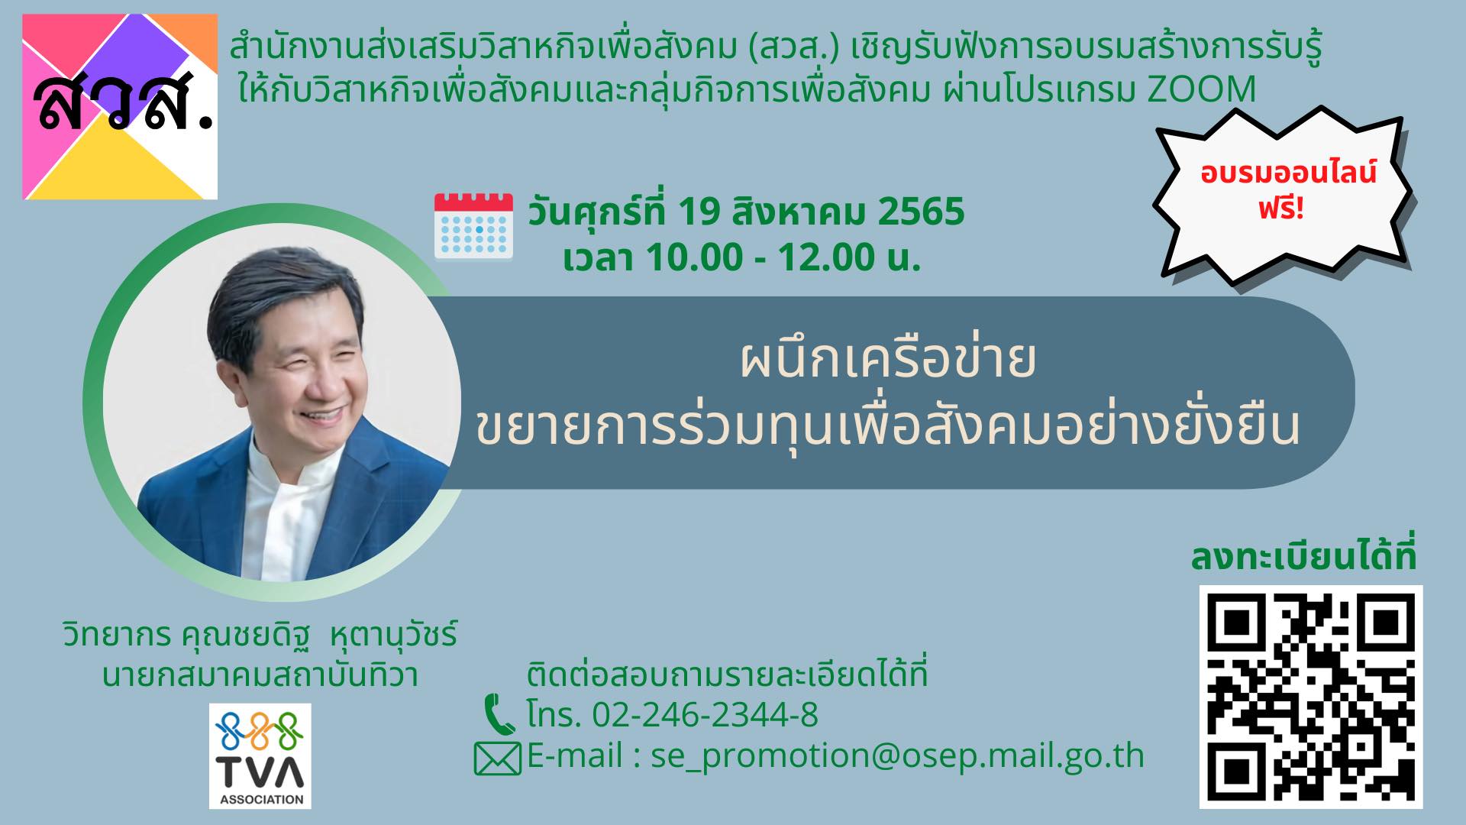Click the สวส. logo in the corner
[x=120, y=106]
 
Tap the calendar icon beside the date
[x=473, y=226]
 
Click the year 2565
[x=922, y=212]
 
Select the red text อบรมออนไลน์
[x=1288, y=173]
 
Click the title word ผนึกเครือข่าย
[x=888, y=361]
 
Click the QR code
[x=1311, y=697]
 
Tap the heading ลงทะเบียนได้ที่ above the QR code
[x=1303, y=557]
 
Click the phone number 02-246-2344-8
[x=705, y=715]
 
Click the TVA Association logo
[x=260, y=756]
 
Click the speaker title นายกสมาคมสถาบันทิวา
[x=260, y=675]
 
